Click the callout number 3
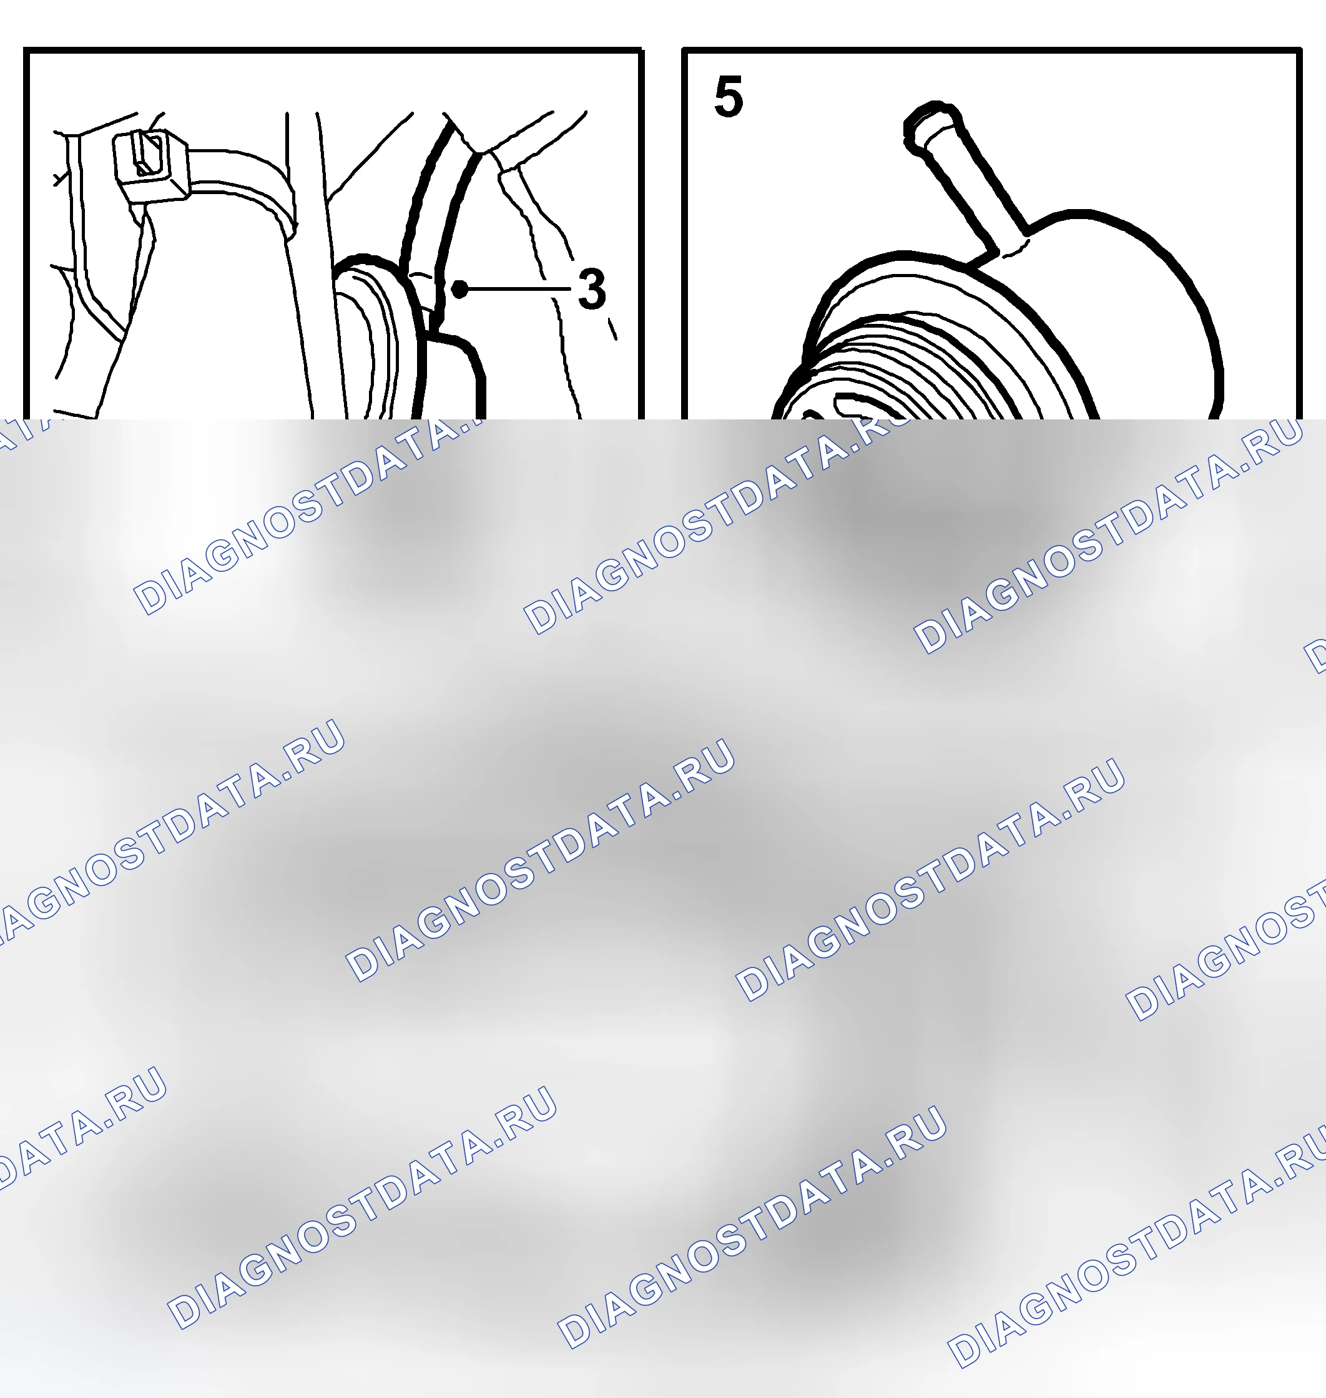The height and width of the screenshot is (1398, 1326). (x=592, y=288)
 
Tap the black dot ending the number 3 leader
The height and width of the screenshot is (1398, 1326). (x=459, y=288)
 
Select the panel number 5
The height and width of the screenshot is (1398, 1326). (x=728, y=97)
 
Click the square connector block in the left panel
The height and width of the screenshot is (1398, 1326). (x=151, y=166)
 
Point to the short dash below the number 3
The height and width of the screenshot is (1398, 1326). (x=612, y=329)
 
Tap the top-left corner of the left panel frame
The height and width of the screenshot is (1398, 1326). (x=26, y=50)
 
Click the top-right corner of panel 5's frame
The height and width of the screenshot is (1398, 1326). (x=1299, y=50)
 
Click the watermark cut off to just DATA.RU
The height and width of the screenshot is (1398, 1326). (x=78, y=1127)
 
